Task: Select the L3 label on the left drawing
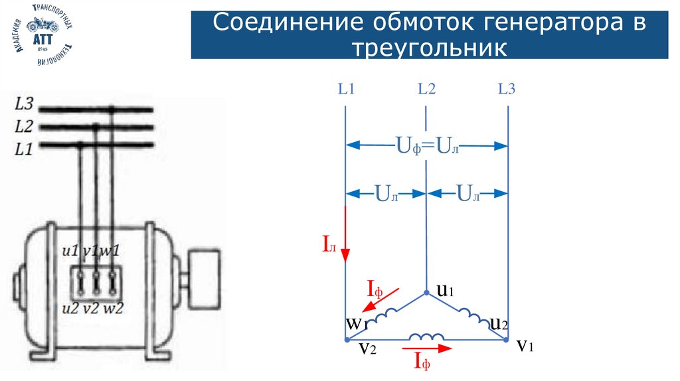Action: tap(24, 104)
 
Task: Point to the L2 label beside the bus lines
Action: tap(24, 126)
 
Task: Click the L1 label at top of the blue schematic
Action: tap(346, 89)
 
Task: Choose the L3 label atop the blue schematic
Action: tap(507, 89)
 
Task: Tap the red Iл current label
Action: tap(330, 246)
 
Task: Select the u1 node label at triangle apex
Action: tap(444, 290)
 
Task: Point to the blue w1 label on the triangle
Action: tap(356, 324)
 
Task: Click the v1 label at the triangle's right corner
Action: tap(525, 345)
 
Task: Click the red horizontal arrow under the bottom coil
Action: tap(426, 347)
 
